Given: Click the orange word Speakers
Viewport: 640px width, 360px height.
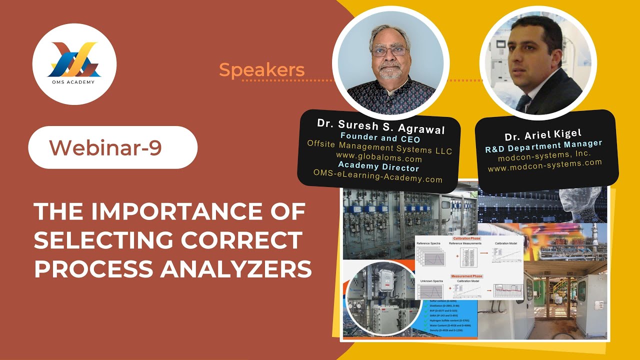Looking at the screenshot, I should [x=261, y=70].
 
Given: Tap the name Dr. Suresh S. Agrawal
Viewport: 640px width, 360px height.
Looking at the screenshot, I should [x=380, y=126].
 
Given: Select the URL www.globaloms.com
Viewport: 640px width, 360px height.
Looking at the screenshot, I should [x=379, y=158].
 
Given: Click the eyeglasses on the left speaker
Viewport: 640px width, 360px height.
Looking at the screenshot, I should [x=389, y=50].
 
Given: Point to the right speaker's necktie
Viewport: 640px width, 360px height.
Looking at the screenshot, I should [x=523, y=102].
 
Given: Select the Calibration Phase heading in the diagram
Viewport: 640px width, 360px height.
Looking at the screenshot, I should [x=466, y=238].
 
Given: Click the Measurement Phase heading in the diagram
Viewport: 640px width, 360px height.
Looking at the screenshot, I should [x=466, y=276].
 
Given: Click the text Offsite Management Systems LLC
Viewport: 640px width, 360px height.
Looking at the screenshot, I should [x=379, y=148].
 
